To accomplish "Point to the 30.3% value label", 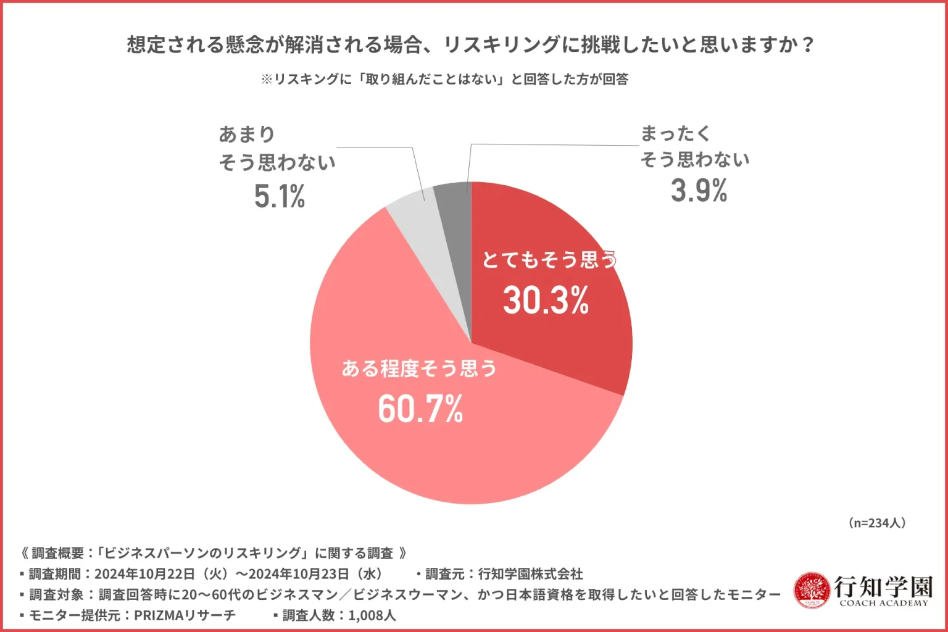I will (x=546, y=301).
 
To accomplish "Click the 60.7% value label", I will (x=420, y=409).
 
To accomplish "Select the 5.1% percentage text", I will (x=280, y=197).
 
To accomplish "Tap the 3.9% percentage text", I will (x=699, y=190).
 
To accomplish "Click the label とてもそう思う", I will (x=549, y=260).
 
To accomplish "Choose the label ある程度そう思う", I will (x=419, y=368).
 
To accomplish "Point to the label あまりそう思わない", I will (x=277, y=148).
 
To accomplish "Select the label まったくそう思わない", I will (x=695, y=146).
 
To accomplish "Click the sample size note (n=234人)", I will (x=877, y=523).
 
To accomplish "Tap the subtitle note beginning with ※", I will (x=444, y=79).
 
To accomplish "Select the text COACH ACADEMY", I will (x=883, y=604).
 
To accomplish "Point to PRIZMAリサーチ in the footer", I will (x=185, y=615).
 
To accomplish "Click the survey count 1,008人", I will (x=372, y=615).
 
